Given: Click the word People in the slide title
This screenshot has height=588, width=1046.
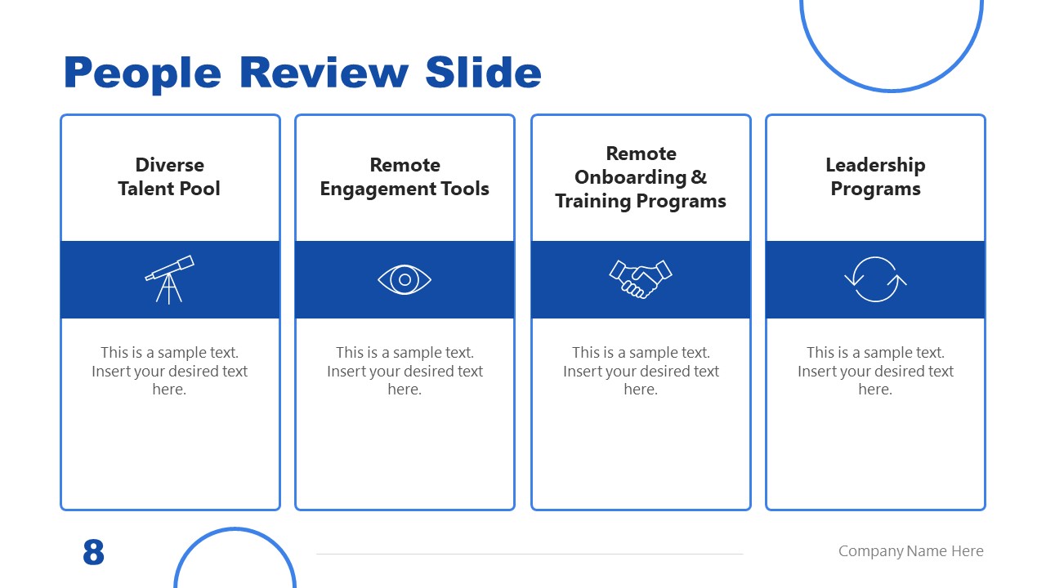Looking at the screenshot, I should (142, 73).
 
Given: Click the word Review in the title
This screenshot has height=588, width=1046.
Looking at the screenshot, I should (324, 73).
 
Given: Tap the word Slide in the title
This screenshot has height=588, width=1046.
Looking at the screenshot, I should (483, 73).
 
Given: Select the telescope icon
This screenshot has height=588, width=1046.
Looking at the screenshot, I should (169, 279).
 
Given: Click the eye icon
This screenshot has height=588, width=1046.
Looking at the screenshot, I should (405, 280).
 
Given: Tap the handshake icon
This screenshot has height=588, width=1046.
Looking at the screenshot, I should (640, 279).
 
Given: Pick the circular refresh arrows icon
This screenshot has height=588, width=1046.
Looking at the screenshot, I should (875, 279).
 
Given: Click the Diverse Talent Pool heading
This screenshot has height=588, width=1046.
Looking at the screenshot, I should (169, 177).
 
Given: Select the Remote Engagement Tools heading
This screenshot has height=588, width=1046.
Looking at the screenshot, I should (405, 177).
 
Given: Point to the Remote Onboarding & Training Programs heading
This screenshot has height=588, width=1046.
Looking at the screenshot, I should (640, 177).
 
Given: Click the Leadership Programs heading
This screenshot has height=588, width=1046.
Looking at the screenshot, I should (875, 177).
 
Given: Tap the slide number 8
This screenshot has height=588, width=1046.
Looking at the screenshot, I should (94, 553).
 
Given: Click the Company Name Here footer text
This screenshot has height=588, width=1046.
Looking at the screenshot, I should (910, 551).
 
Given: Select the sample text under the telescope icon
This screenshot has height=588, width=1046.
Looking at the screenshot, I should (169, 371).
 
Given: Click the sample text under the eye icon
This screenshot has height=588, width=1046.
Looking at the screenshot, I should (405, 371).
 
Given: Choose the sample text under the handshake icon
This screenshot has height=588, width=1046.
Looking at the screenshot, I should (640, 371).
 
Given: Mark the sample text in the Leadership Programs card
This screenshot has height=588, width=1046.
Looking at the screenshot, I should (875, 371).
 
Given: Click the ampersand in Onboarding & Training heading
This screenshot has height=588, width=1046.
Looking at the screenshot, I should (699, 177).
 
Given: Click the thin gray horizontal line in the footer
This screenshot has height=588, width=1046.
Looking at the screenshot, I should (530, 554).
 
